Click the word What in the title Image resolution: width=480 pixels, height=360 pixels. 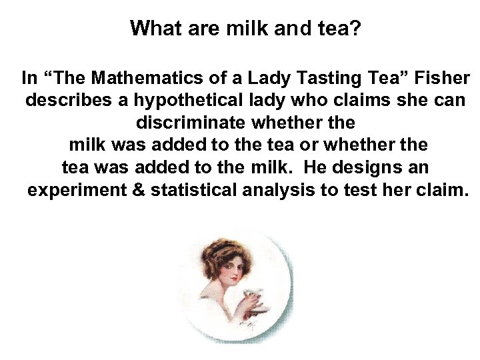tap(153, 28)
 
